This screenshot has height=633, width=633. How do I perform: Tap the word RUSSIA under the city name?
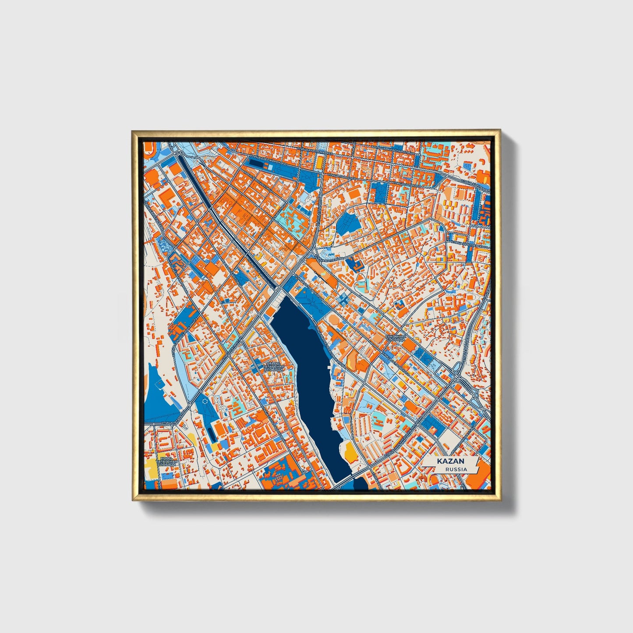(456, 469)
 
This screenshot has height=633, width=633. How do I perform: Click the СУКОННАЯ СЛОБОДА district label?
(396, 338)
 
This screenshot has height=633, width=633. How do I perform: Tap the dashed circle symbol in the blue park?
(205, 401)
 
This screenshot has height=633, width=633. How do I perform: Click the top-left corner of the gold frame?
(133, 131)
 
